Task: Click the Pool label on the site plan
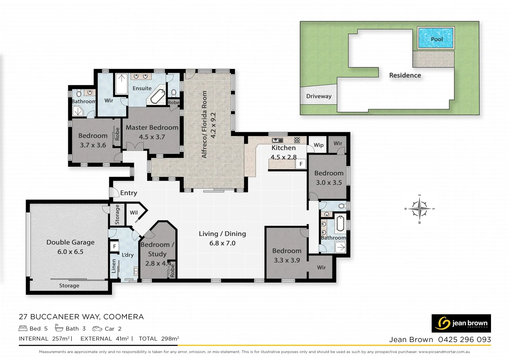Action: (x=437, y=39)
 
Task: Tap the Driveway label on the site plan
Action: (x=319, y=96)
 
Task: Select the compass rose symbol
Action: (x=419, y=209)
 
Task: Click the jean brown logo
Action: (x=461, y=323)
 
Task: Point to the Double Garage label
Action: (x=70, y=242)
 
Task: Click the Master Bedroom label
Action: (x=152, y=128)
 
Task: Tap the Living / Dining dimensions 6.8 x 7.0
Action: (x=222, y=243)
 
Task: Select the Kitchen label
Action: (x=283, y=148)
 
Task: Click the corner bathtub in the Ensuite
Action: (x=158, y=97)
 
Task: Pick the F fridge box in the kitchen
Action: (x=301, y=164)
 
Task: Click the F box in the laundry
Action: (x=114, y=246)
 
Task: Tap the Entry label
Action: (x=129, y=193)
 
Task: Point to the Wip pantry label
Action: (x=318, y=145)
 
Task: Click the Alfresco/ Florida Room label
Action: (x=204, y=124)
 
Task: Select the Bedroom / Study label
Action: (x=157, y=249)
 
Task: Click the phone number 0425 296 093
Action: (x=464, y=340)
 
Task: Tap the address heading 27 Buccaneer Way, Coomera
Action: (x=81, y=317)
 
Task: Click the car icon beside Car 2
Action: (x=97, y=329)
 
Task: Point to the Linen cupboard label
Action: (x=114, y=266)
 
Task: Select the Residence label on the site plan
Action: (x=405, y=75)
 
